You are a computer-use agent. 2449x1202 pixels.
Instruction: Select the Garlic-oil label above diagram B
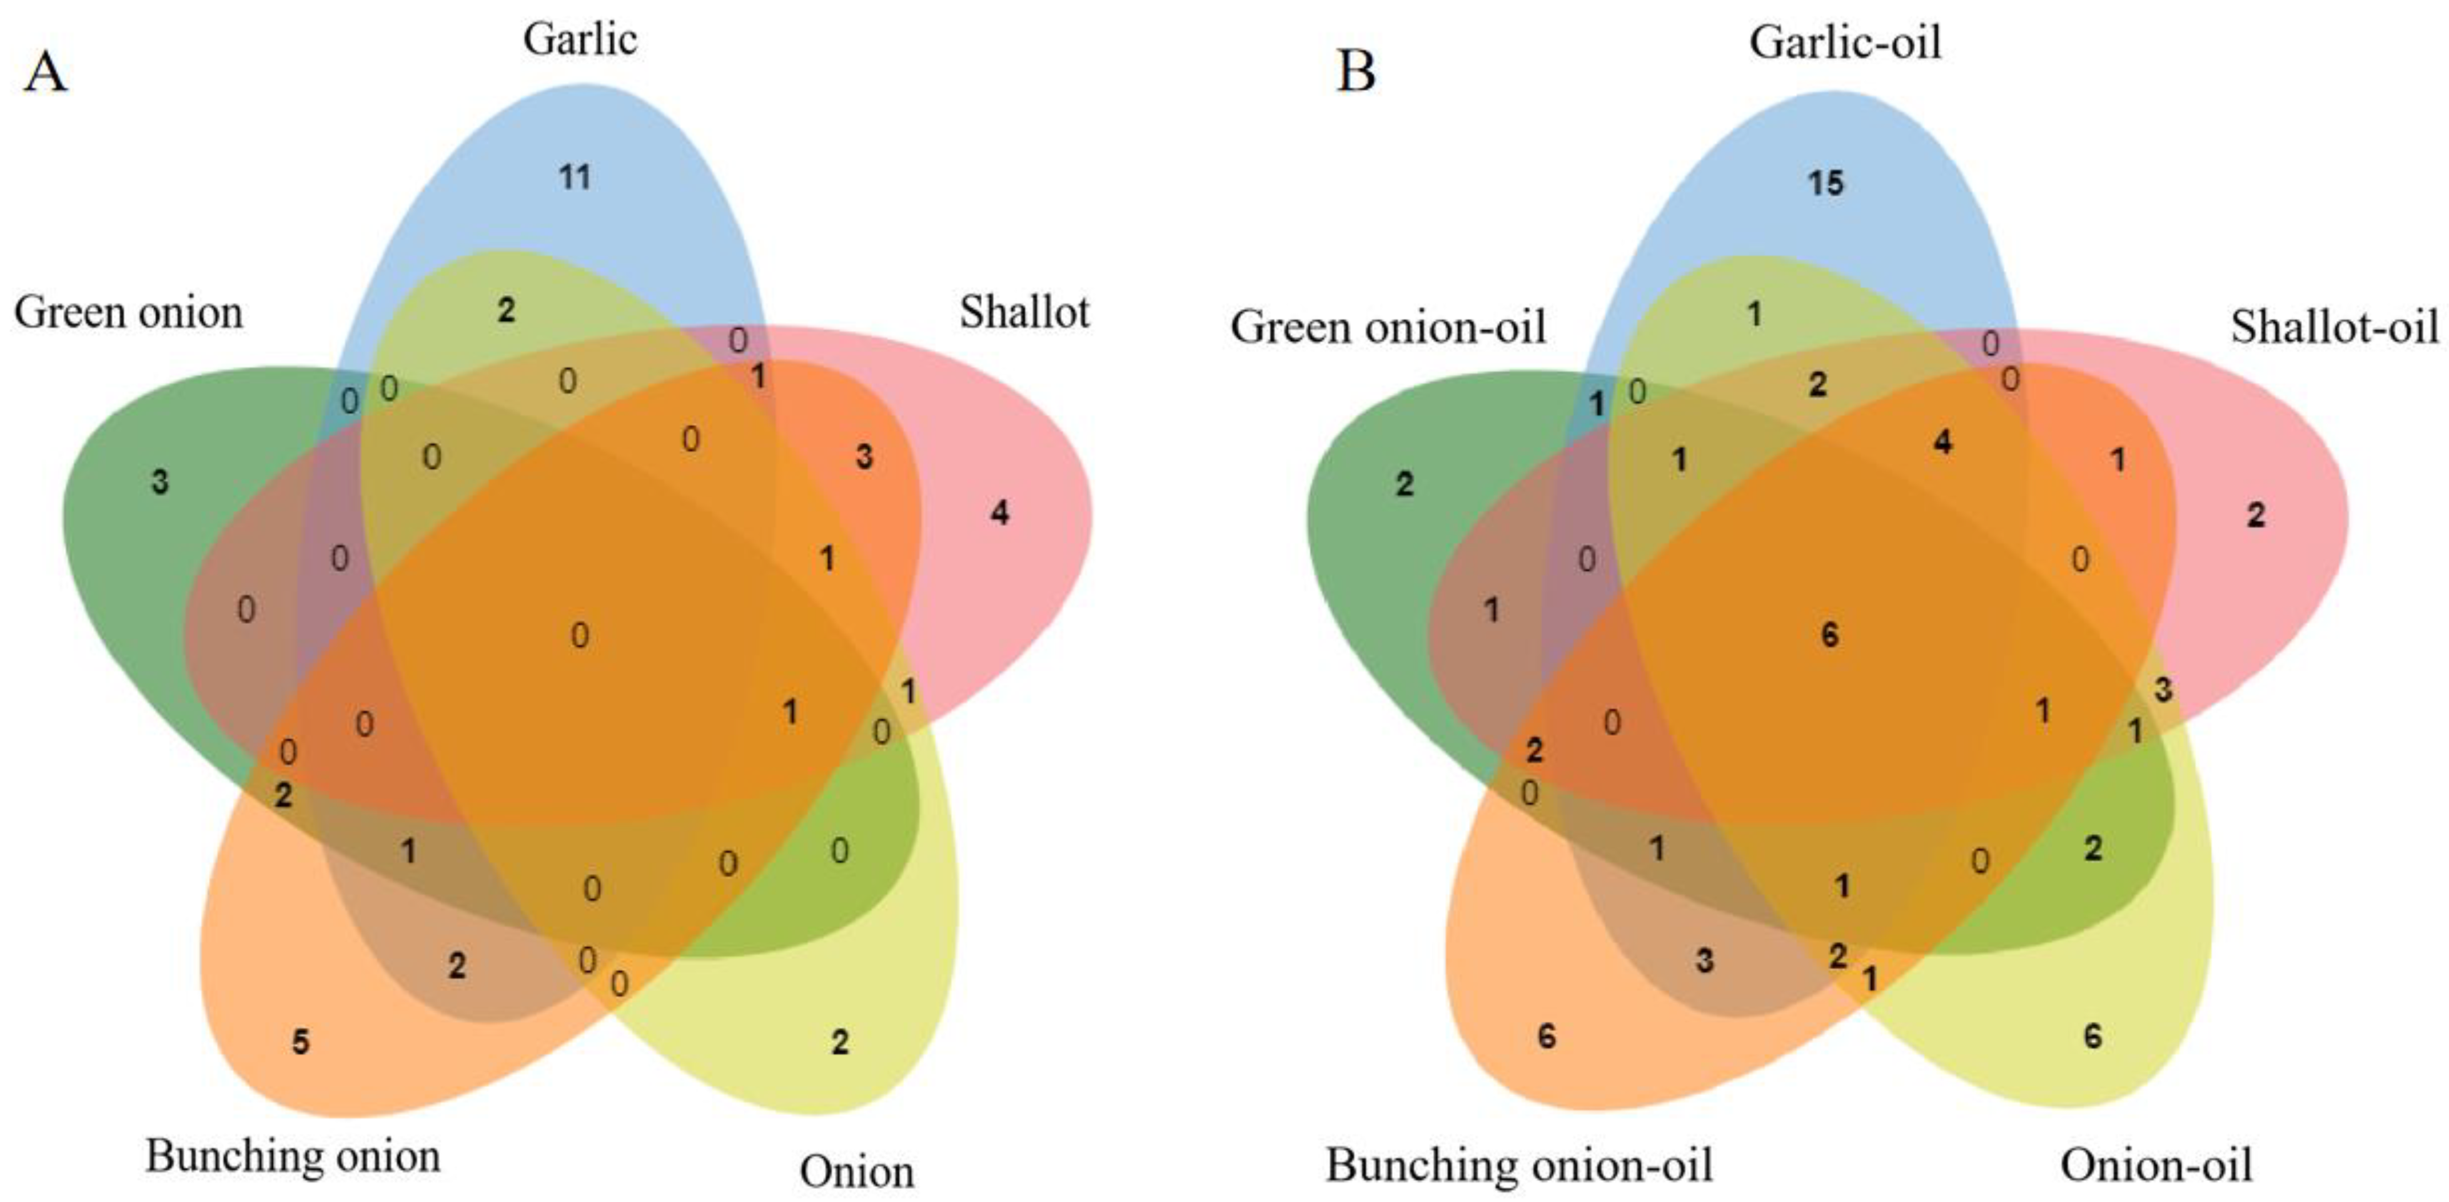click(x=1844, y=43)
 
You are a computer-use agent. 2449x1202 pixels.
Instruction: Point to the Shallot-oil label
click(x=2334, y=327)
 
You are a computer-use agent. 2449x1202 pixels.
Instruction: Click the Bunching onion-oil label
click(x=1518, y=1164)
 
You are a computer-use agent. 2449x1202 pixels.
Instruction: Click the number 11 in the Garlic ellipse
click(x=574, y=177)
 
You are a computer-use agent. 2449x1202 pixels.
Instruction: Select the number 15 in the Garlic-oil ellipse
click(x=1824, y=183)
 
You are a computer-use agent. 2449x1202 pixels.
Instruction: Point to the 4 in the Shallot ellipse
click(x=999, y=514)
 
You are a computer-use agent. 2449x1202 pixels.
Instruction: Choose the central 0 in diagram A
click(x=579, y=634)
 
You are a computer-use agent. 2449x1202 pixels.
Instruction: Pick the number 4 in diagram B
click(x=1942, y=442)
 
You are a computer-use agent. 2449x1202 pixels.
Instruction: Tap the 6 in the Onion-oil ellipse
click(x=2093, y=1036)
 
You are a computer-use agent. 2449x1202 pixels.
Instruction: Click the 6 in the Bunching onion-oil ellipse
click(x=1547, y=1036)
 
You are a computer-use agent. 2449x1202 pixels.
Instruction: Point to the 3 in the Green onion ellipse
click(x=159, y=482)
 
